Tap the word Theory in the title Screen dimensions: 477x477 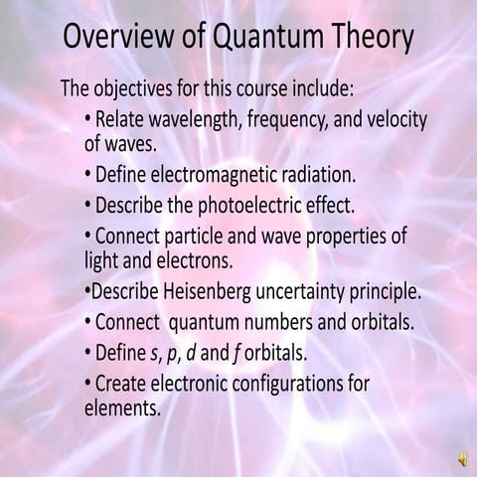(368, 39)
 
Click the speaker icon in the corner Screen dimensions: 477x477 (462, 458)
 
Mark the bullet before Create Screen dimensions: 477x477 (89, 383)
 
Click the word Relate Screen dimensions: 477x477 (119, 120)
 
